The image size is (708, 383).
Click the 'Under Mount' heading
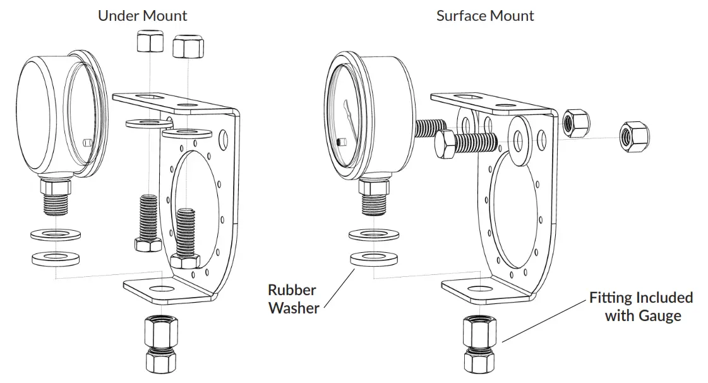tap(142, 15)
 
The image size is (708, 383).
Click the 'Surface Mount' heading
tap(485, 15)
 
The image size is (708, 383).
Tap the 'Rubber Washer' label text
tap(292, 299)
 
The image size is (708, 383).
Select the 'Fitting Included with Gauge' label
tap(640, 306)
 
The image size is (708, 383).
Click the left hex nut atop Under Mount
tap(148, 42)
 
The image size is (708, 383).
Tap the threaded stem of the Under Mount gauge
tap(56, 203)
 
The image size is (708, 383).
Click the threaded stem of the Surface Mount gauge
tap(375, 203)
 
